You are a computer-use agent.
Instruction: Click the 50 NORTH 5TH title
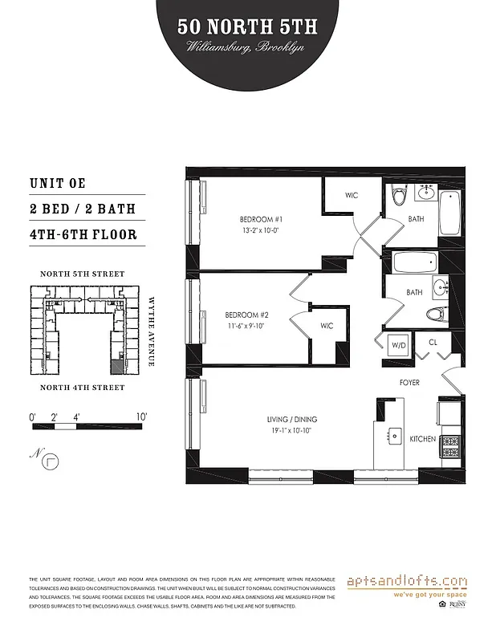248,27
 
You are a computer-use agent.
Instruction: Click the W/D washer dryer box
399,345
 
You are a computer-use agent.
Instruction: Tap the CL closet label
432,343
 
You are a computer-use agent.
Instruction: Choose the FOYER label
409,383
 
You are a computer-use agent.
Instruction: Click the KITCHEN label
422,440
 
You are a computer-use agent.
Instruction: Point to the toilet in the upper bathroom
398,197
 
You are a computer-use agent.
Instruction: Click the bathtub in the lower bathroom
414,261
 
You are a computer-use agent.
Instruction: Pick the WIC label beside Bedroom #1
352,194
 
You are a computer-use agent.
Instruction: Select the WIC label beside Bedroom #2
327,326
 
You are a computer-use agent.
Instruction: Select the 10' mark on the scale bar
141,416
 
